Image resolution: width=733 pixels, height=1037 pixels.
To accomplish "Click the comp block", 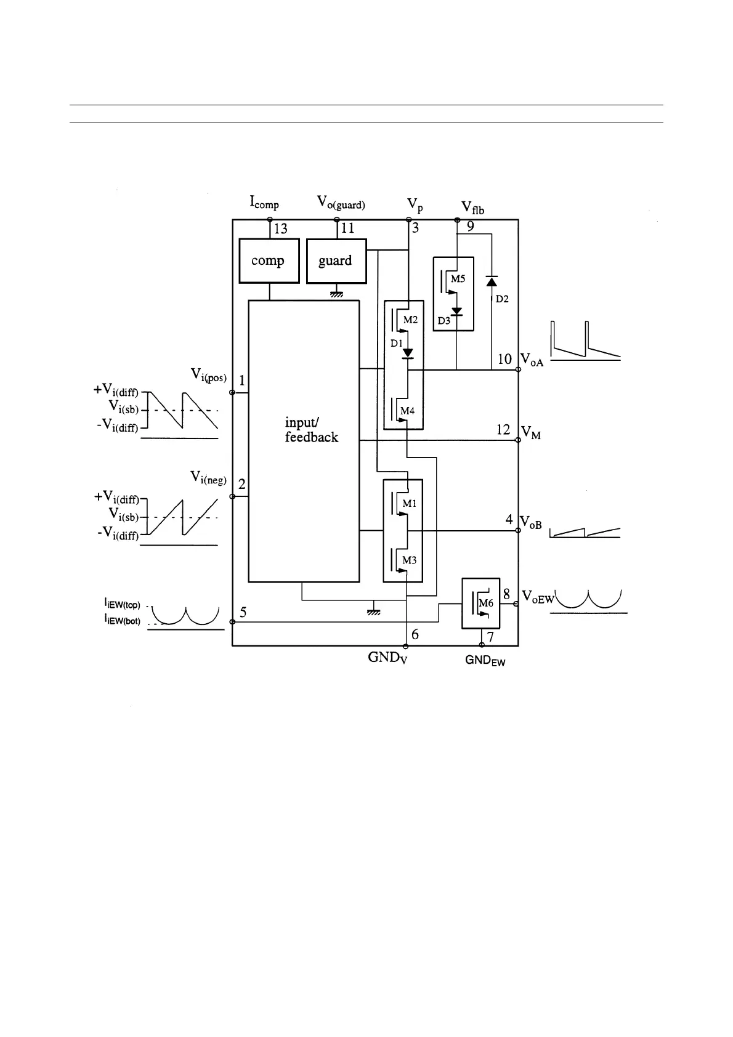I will click(269, 261).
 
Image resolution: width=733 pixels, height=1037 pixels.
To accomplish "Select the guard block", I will click(336, 261).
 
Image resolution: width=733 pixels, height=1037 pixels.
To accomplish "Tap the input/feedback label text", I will click(311, 430).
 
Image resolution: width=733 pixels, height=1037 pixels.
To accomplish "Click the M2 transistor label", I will click(410, 320).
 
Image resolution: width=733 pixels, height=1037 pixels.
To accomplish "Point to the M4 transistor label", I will click(408, 411).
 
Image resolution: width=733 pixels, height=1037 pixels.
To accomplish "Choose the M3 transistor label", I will click(409, 560).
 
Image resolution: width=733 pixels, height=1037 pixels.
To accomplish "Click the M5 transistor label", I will click(458, 279).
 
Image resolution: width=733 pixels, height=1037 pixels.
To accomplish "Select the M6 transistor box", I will click(480, 603).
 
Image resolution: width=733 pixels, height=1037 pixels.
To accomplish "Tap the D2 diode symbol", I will click(491, 281).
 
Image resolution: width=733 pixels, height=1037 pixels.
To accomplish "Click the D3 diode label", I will click(443, 321).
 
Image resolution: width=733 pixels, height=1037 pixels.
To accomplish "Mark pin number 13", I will click(280, 229).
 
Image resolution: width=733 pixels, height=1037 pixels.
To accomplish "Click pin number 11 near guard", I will click(347, 228).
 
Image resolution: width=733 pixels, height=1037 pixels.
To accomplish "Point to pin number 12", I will click(503, 429).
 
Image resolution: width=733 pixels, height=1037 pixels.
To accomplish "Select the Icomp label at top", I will click(264, 202).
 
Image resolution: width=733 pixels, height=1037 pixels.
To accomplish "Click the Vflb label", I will click(472, 207).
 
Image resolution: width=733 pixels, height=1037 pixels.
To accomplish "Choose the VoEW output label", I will click(538, 596).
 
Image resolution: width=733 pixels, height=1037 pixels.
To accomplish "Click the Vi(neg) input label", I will click(208, 477).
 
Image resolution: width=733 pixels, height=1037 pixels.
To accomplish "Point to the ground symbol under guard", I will click(336, 294).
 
